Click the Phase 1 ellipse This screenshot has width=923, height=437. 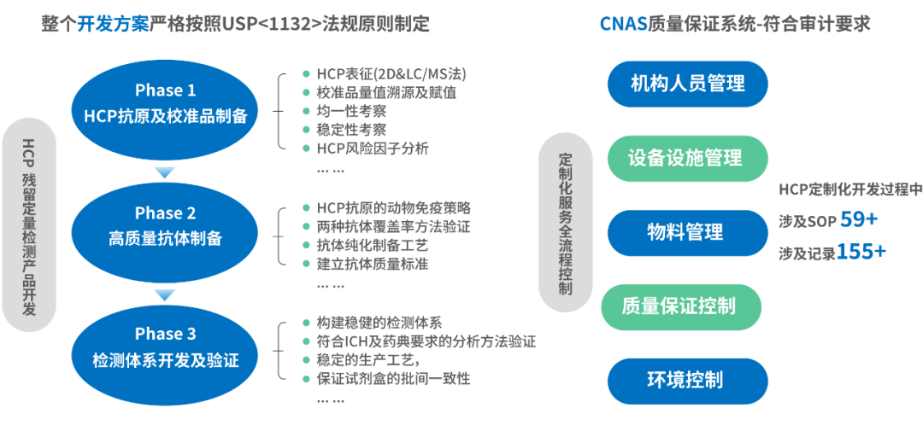[165, 103]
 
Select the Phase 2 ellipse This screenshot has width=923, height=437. [165, 225]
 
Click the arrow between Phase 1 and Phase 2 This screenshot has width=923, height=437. [164, 173]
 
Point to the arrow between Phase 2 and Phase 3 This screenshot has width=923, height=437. [164, 295]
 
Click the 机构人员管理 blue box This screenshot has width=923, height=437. [688, 84]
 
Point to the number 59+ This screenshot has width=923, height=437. [858, 220]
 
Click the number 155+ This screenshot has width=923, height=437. [861, 252]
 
